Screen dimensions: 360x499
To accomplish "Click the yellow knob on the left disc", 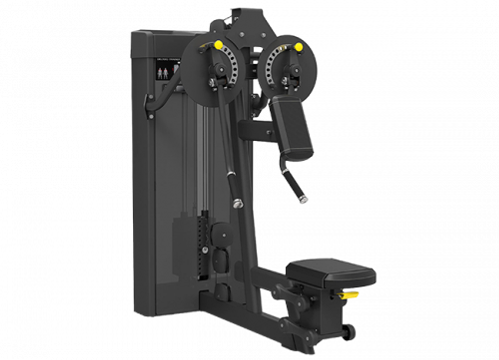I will tap(219, 44).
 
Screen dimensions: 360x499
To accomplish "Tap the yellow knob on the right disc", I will tap(298, 47).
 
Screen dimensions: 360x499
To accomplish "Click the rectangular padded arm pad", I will tap(292, 126).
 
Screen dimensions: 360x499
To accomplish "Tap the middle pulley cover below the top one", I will tap(220, 258).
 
